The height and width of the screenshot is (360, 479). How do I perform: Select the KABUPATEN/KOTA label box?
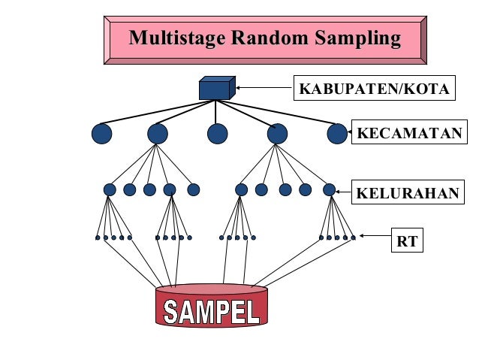click(x=374, y=89)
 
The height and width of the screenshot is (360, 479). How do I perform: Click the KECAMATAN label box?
click(x=408, y=134)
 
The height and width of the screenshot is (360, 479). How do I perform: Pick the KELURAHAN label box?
click(x=407, y=192)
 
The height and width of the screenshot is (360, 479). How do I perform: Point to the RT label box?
click(x=408, y=242)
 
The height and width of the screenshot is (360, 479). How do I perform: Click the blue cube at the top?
click(x=216, y=89)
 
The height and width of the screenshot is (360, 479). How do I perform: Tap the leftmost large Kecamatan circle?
click(x=101, y=134)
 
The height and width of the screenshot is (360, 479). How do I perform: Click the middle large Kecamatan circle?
click(x=217, y=134)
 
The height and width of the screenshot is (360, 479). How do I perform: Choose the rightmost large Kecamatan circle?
click(x=337, y=134)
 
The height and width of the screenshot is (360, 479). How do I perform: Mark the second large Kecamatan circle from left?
click(x=158, y=134)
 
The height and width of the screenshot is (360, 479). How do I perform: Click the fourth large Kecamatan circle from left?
click(x=277, y=134)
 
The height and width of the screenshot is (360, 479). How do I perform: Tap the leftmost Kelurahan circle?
click(x=110, y=189)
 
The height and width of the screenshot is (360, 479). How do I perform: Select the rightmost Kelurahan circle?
click(x=329, y=189)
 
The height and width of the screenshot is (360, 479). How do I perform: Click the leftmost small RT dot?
click(x=98, y=237)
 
